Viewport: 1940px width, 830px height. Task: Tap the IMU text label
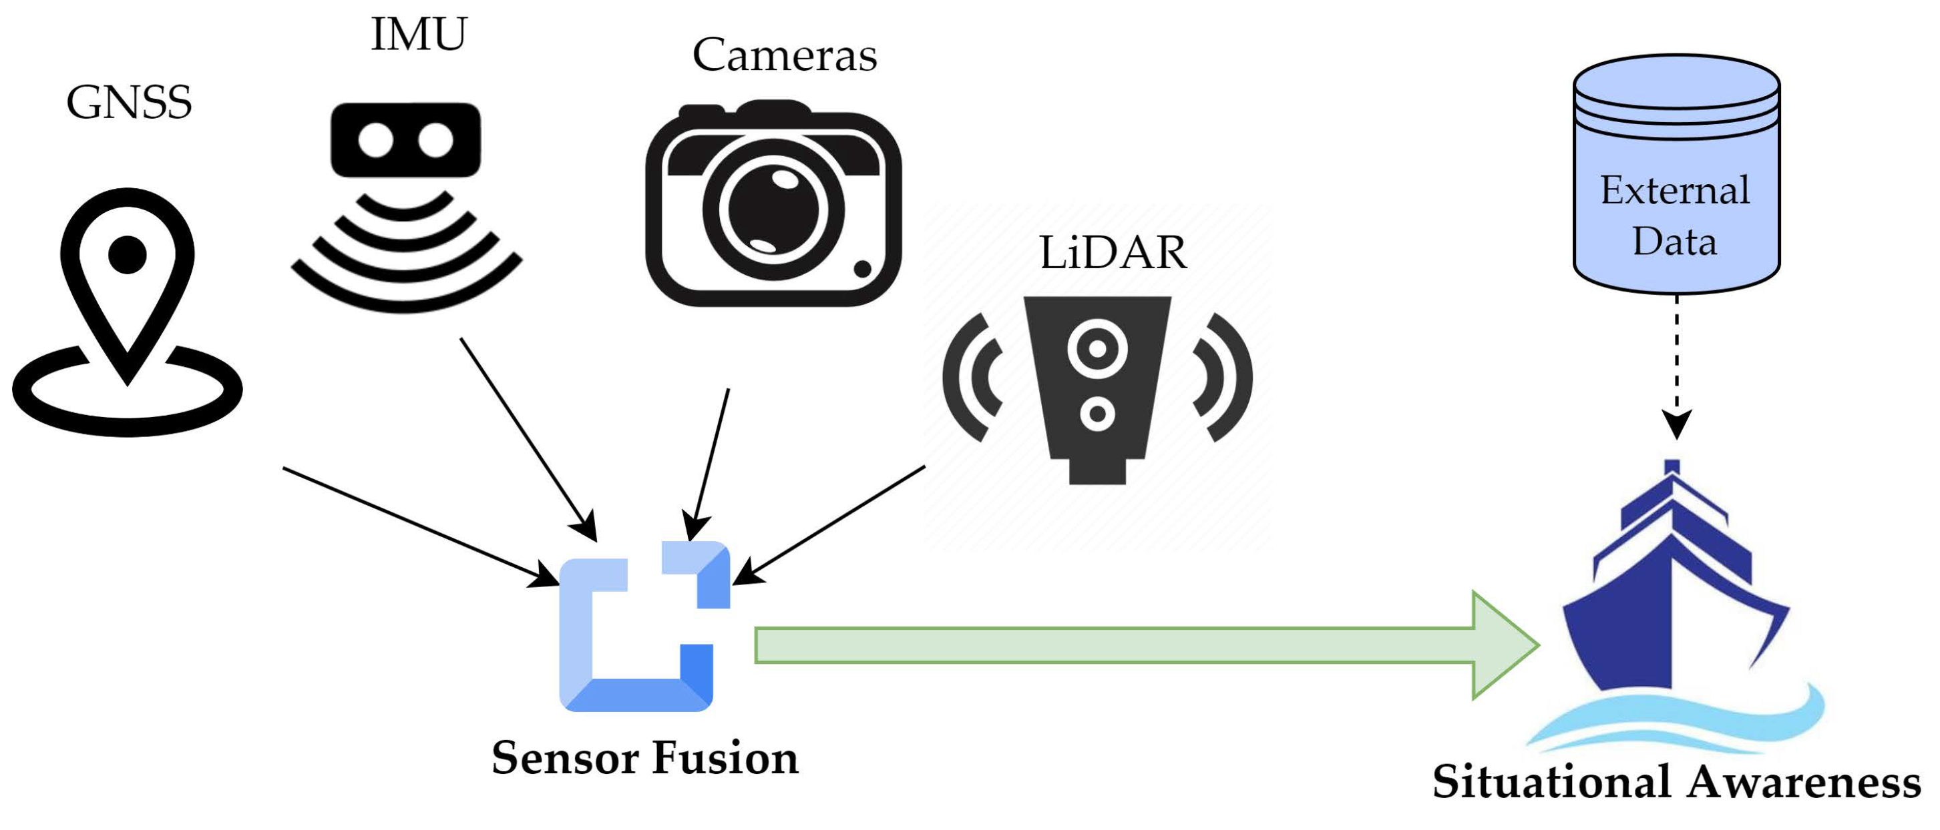pyautogui.click(x=419, y=35)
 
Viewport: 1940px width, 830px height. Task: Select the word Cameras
pyautogui.click(x=784, y=55)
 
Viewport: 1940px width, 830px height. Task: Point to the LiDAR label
pyautogui.click(x=1113, y=253)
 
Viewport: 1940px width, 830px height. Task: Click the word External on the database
pyautogui.click(x=1674, y=189)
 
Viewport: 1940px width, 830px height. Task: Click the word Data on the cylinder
pyautogui.click(x=1674, y=242)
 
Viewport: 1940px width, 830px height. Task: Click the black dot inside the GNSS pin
pyautogui.click(x=128, y=254)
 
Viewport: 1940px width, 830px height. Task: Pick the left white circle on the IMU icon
pyautogui.click(x=376, y=140)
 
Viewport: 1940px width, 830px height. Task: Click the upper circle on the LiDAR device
pyautogui.click(x=1097, y=348)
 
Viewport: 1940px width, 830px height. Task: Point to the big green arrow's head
pyautogui.click(x=1503, y=645)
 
